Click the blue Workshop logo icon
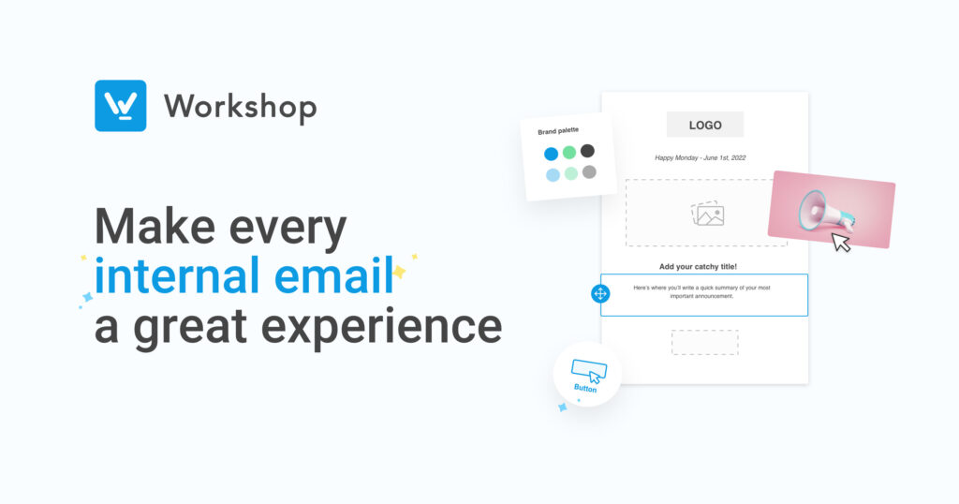click(121, 106)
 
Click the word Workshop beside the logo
click(241, 107)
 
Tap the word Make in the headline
click(155, 227)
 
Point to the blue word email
click(334, 275)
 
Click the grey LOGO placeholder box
click(705, 125)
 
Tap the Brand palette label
click(558, 131)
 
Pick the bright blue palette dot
click(551, 154)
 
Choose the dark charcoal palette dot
click(587, 151)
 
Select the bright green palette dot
click(569, 153)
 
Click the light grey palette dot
click(589, 171)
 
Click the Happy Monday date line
click(701, 157)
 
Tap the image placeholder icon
click(708, 214)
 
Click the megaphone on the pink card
click(826, 210)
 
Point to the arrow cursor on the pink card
click(841, 242)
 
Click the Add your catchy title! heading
click(698, 267)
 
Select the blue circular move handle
click(600, 293)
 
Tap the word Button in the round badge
click(585, 389)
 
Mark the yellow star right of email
click(399, 272)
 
